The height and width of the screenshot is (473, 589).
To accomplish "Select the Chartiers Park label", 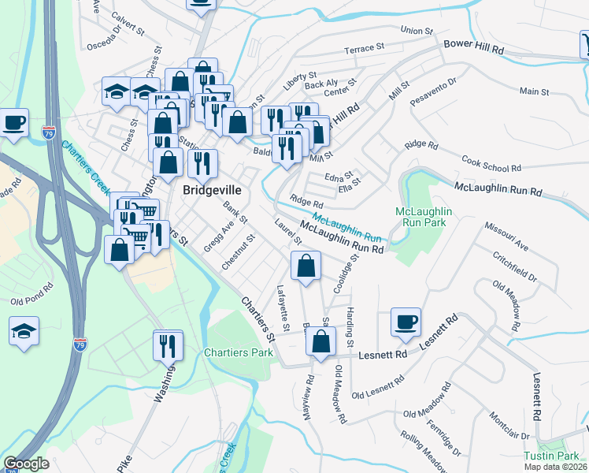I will pos(239,352).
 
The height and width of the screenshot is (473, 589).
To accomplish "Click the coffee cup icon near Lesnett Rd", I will pos(406,322).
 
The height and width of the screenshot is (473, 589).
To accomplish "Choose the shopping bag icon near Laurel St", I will pos(306,266).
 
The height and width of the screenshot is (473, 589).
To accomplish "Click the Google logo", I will pos(27,464).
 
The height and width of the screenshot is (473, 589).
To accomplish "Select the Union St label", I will pos(417,31).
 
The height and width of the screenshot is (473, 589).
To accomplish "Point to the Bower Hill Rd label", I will pos(473,47).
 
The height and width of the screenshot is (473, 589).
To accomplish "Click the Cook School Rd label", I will pos(492,163).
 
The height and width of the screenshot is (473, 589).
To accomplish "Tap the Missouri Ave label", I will pos(506,236).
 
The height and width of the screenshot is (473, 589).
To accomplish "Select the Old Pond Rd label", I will pos(31,301).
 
